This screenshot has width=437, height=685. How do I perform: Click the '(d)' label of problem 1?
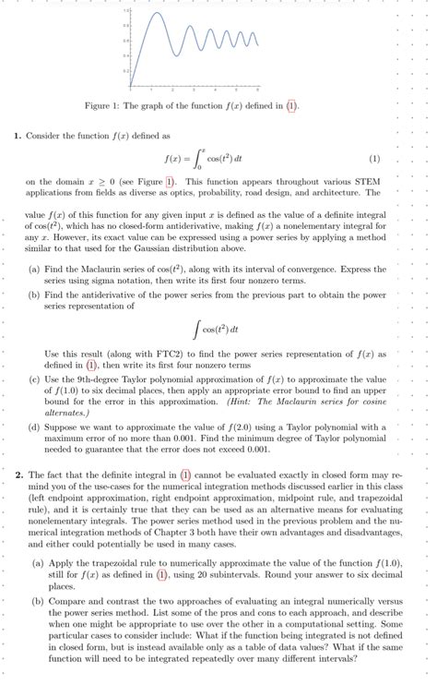click(x=33, y=427)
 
